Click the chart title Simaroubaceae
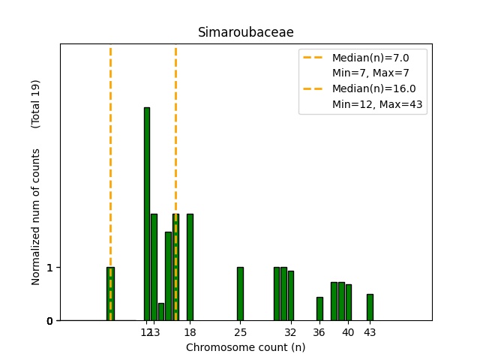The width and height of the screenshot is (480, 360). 245,32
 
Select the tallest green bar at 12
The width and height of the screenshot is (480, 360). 147,214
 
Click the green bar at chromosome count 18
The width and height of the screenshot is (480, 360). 190,267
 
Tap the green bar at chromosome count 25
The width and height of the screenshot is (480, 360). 240,294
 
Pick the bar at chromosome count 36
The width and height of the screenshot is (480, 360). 319,309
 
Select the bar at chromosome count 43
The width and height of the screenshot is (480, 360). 370,307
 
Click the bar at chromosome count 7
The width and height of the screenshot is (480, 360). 110,294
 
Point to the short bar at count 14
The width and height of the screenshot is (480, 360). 161,312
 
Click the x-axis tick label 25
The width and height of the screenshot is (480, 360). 240,332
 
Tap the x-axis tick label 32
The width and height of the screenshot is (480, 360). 290,332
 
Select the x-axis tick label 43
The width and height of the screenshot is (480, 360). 370,332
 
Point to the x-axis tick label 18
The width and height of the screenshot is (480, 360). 190,332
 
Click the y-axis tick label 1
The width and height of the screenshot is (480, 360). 49,268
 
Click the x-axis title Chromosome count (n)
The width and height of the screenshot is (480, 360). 245,347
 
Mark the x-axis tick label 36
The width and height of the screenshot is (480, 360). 319,332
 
